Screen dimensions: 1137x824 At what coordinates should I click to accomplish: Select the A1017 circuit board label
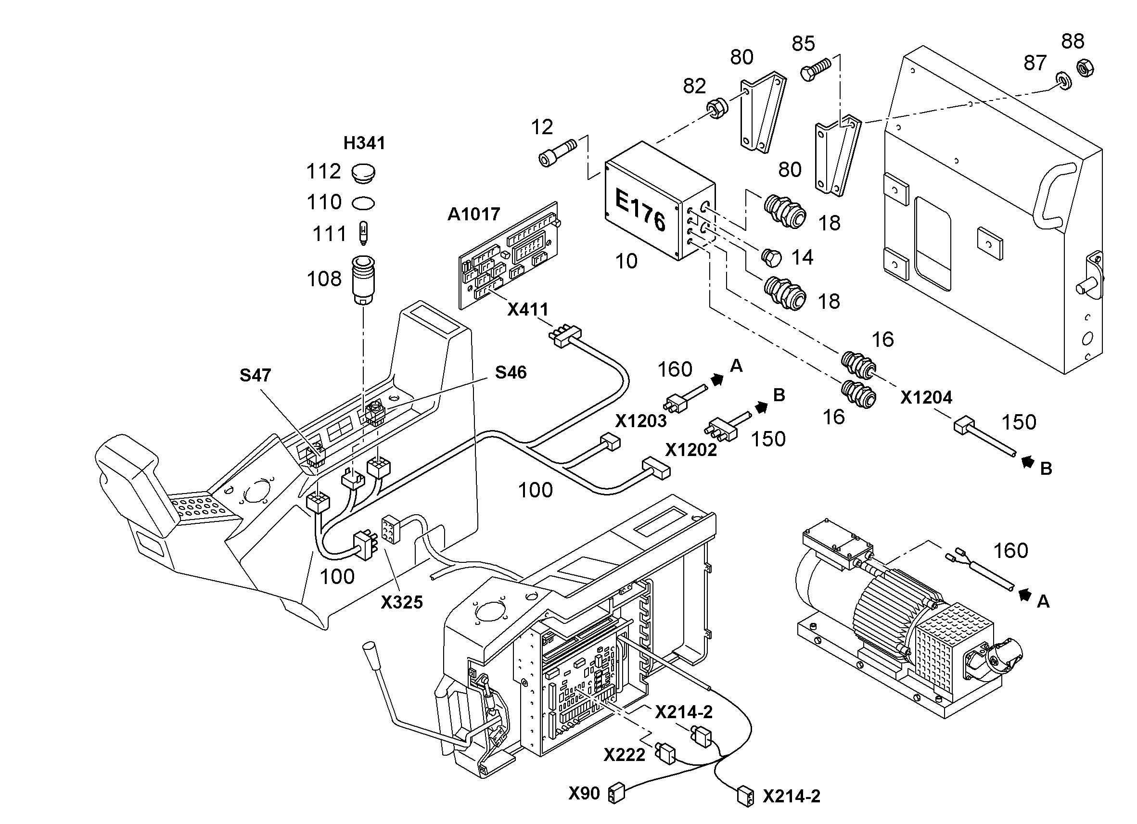(x=474, y=215)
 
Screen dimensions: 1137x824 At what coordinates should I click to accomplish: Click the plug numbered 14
(x=771, y=258)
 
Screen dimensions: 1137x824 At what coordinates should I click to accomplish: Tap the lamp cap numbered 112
(x=363, y=173)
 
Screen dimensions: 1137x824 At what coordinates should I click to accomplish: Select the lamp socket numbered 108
(x=363, y=281)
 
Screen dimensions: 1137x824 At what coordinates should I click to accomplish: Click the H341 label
(x=364, y=143)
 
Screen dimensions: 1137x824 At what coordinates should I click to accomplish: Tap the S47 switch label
(x=255, y=375)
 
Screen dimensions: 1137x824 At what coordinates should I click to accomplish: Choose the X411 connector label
(x=528, y=310)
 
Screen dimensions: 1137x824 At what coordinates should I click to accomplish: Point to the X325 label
(x=402, y=602)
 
